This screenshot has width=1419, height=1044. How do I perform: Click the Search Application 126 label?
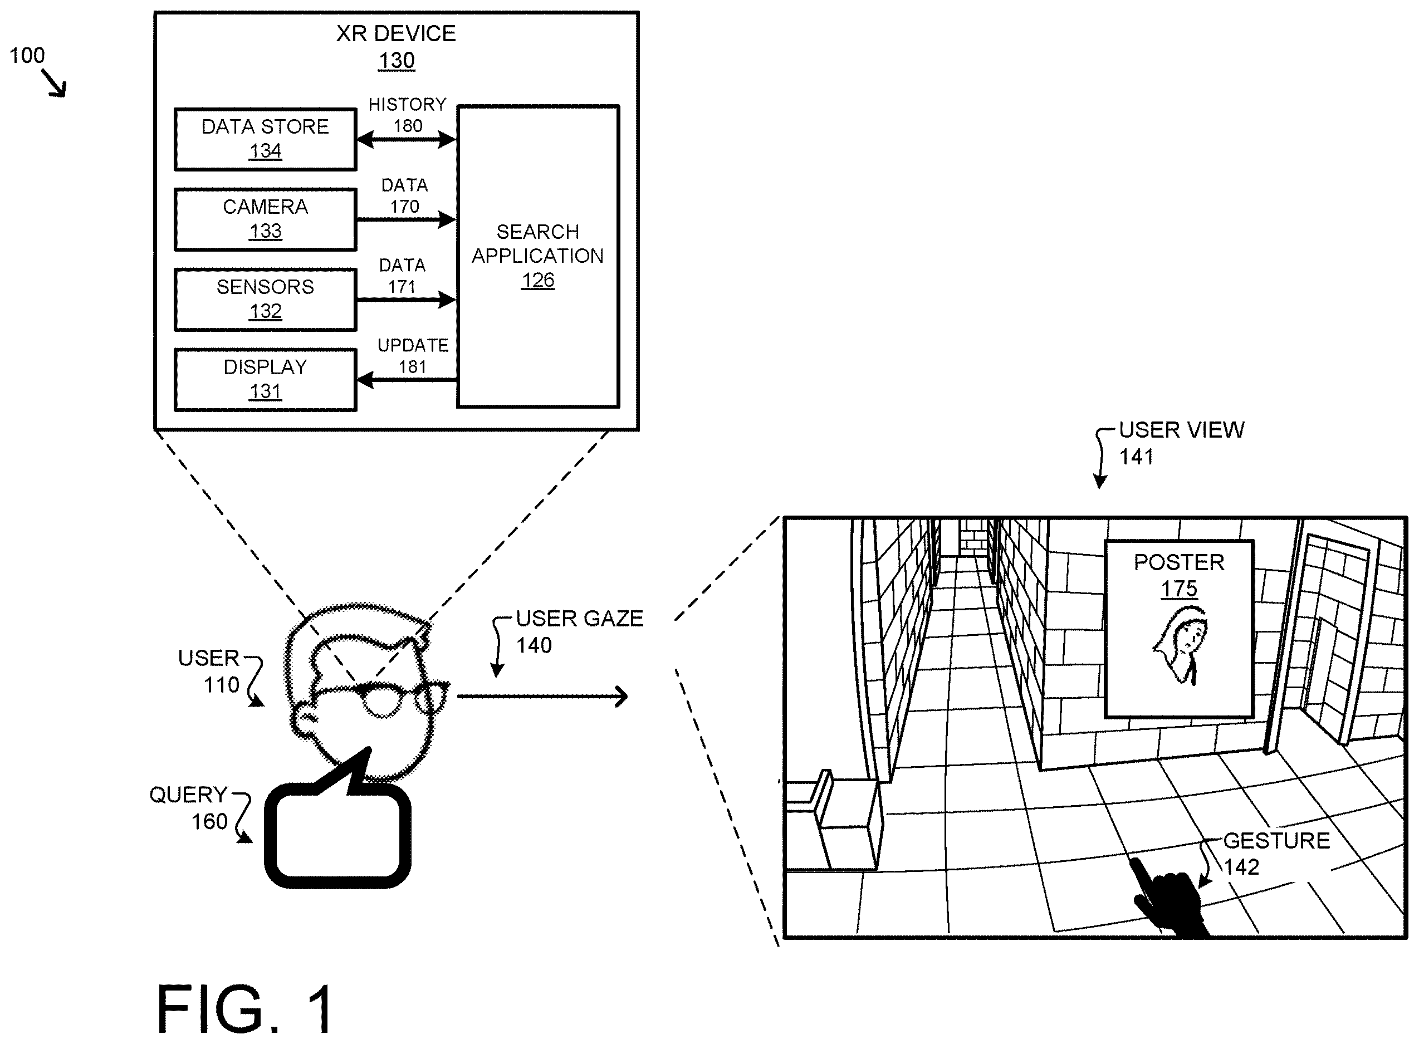pos(538,256)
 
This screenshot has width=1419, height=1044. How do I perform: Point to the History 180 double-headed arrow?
pos(407,140)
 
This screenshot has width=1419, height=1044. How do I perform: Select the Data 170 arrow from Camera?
pos(407,220)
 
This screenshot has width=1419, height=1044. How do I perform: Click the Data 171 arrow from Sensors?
pos(407,300)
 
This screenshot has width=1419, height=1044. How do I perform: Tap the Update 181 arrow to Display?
pos(407,380)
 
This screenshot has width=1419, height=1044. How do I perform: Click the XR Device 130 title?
pos(397,47)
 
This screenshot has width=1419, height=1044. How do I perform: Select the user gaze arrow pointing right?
pos(542,697)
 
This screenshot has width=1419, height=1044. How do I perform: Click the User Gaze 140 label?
pos(580,631)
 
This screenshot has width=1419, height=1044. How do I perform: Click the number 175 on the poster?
pos(1179,589)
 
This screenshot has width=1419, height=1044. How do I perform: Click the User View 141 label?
pos(1181,443)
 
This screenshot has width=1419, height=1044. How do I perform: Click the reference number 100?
pos(27,56)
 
